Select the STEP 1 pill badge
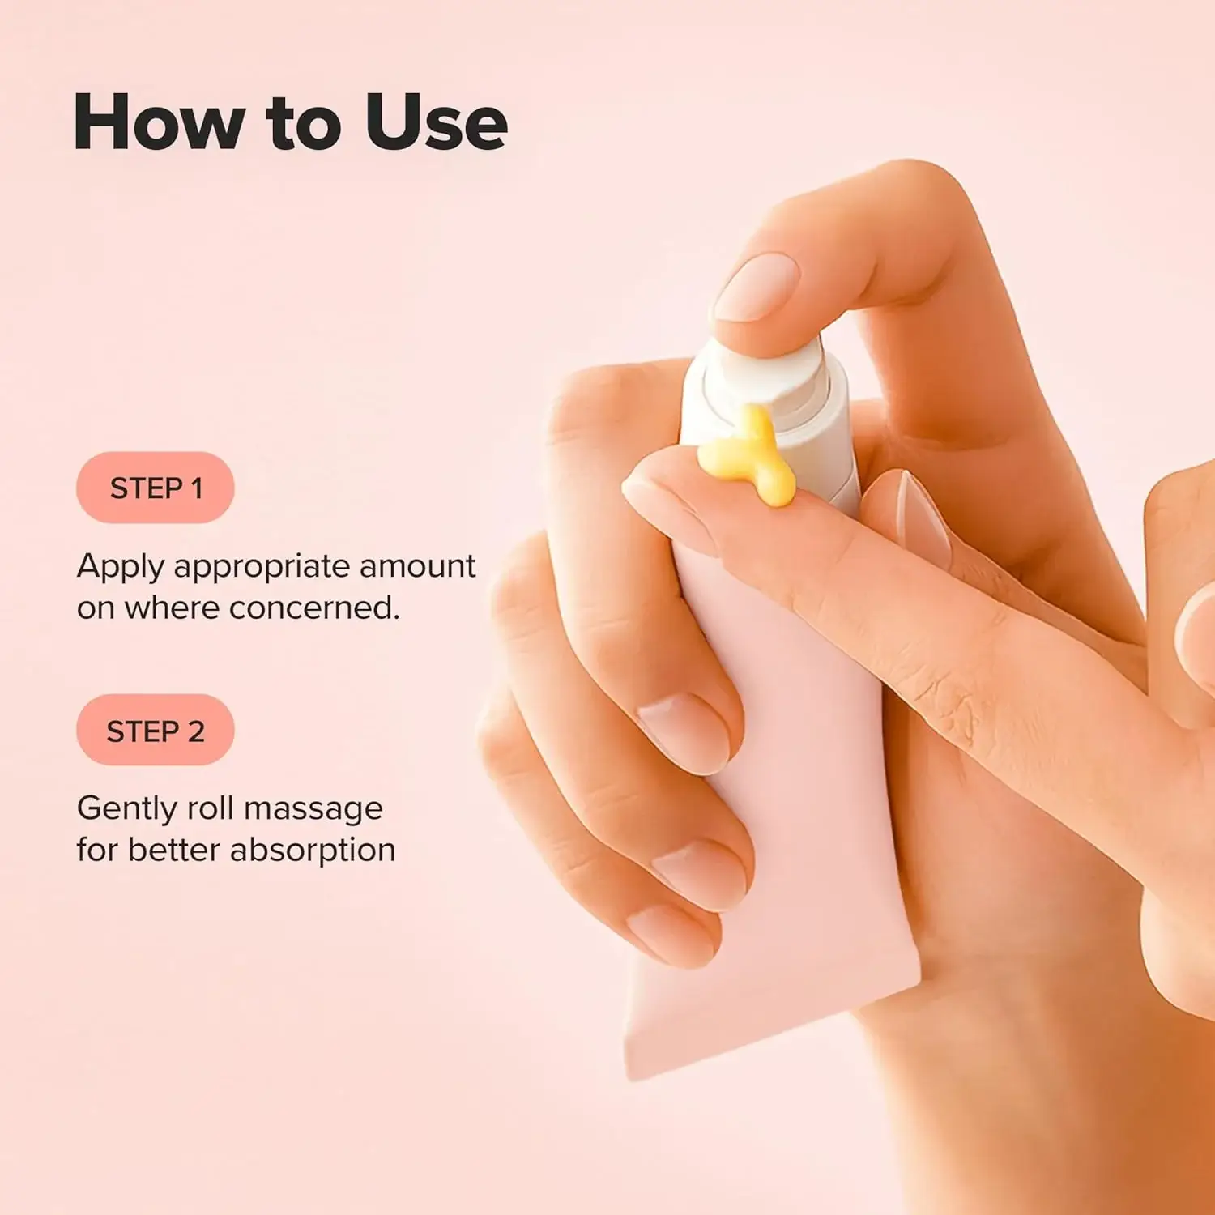[x=155, y=488]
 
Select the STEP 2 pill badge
[x=155, y=731]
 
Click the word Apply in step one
[x=121, y=567]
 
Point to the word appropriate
[x=262, y=567]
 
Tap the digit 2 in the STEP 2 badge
[x=195, y=731]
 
